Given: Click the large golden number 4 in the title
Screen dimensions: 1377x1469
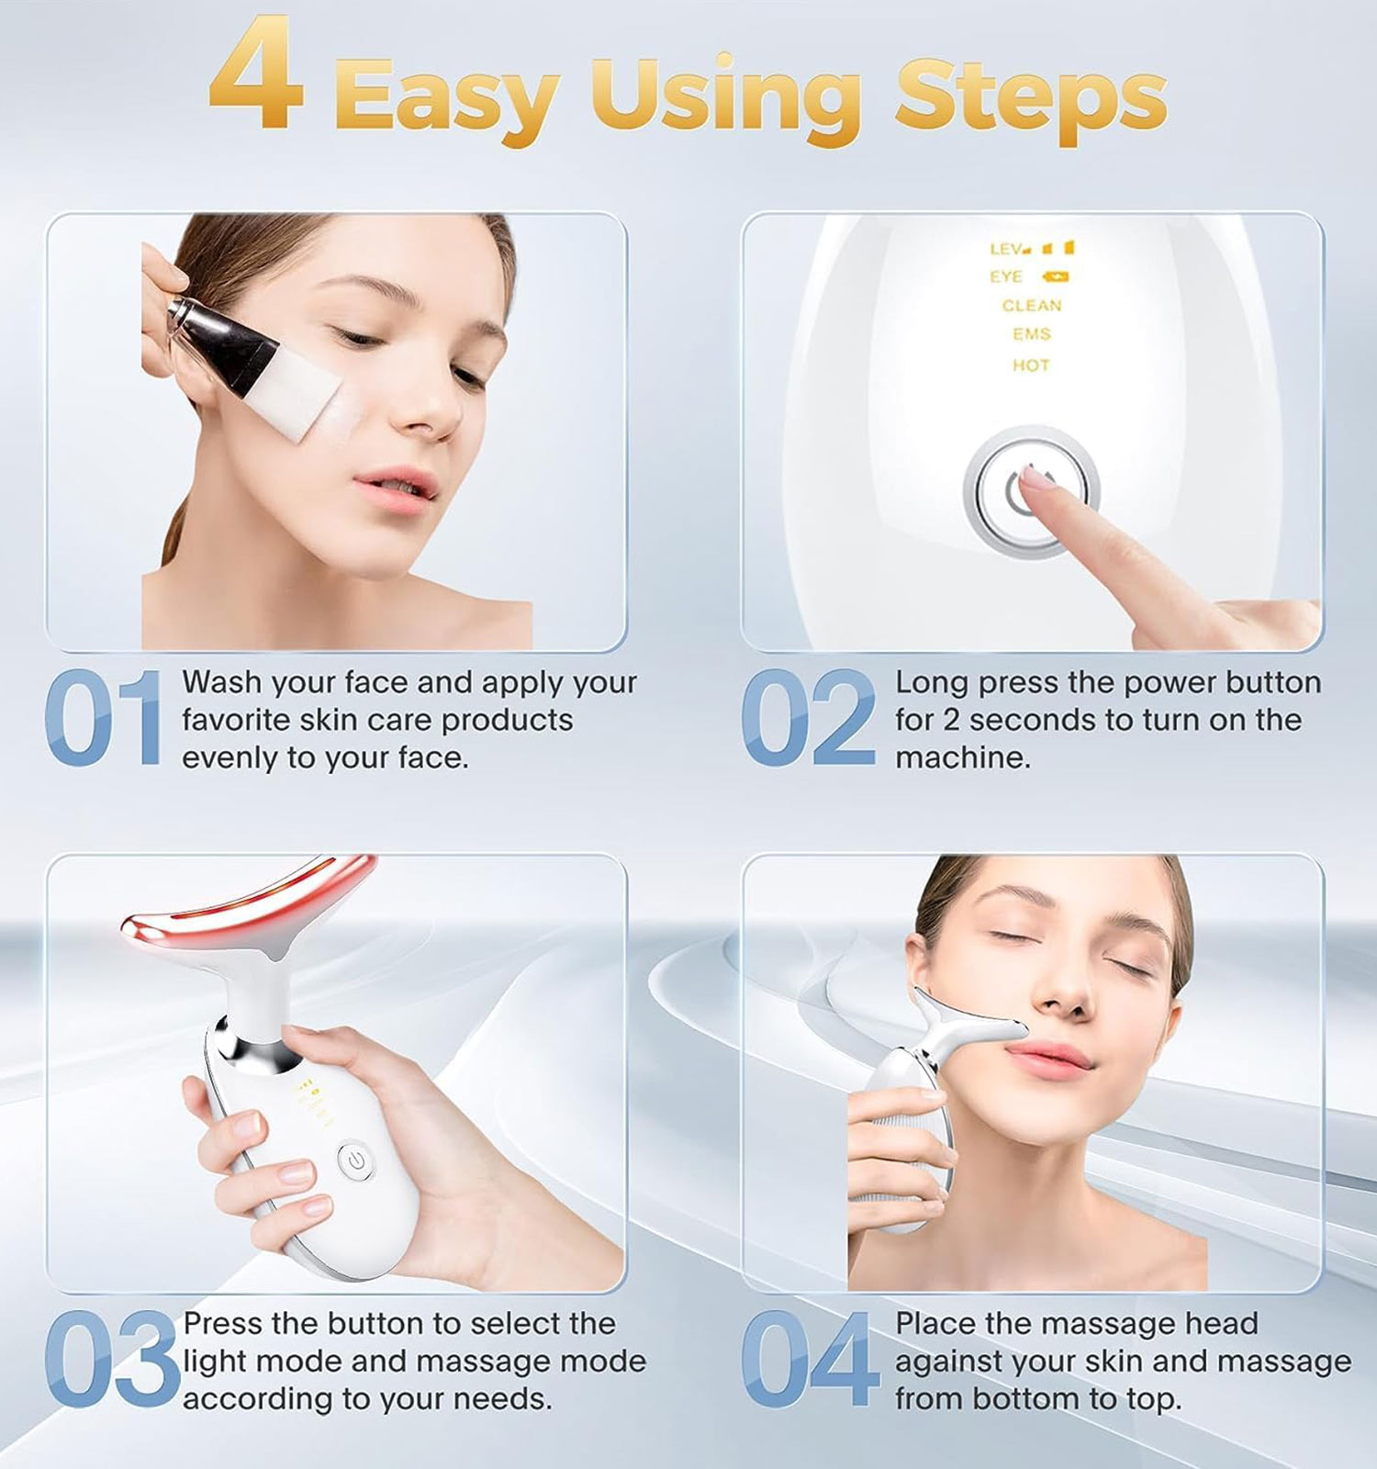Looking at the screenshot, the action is pos(256,74).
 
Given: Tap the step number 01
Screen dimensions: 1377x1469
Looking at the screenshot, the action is pos(103,718).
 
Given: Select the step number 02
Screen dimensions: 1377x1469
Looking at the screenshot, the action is pos(808,718).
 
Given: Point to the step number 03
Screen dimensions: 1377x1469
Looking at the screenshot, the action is pos(112,1360).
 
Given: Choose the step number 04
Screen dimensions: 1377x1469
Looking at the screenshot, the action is pos(809,1360).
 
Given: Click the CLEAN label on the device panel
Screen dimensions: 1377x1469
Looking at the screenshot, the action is pos(1032,306).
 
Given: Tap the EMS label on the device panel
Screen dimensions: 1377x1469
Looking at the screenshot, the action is pos(1032,334).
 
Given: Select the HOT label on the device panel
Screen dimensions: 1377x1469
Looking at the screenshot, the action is pos(1031,365).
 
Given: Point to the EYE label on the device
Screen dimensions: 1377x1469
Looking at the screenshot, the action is pos(1006,276).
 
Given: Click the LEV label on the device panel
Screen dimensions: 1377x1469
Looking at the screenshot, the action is pos(1006,249).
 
